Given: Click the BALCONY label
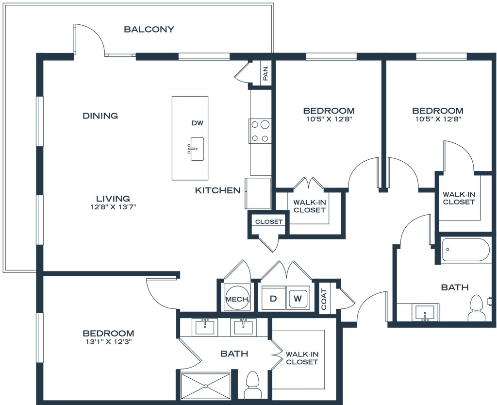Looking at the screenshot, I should coord(149,30).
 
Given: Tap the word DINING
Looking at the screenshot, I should coord(101,116).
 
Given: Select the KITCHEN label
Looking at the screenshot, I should coord(218,191).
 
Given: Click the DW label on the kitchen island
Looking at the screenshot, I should coord(197,124).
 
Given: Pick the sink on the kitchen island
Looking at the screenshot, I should coord(196,147).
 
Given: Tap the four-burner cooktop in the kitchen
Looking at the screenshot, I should coord(261,132).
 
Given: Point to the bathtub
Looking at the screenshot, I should coord(464,251).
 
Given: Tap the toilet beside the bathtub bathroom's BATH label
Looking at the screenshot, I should coord(477,307).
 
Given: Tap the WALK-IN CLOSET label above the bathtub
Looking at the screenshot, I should coord(458,199).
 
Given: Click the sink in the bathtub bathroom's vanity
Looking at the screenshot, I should coord(425,311).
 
